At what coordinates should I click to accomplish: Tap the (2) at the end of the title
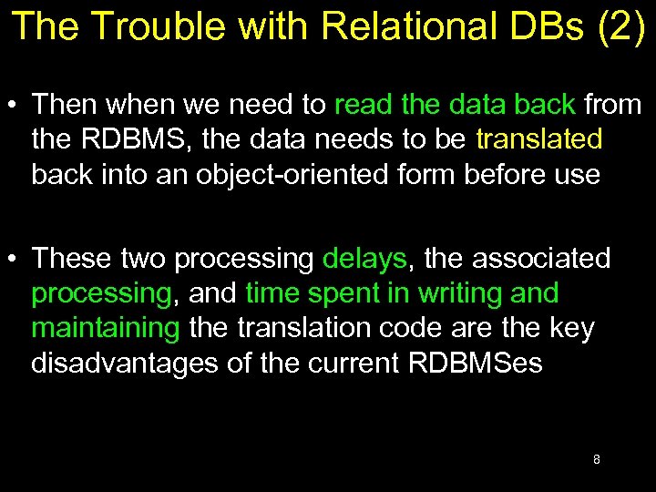tap(620, 26)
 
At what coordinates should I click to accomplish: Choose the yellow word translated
tap(539, 139)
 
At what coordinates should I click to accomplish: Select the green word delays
tap(364, 259)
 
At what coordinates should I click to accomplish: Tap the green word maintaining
tap(106, 328)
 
